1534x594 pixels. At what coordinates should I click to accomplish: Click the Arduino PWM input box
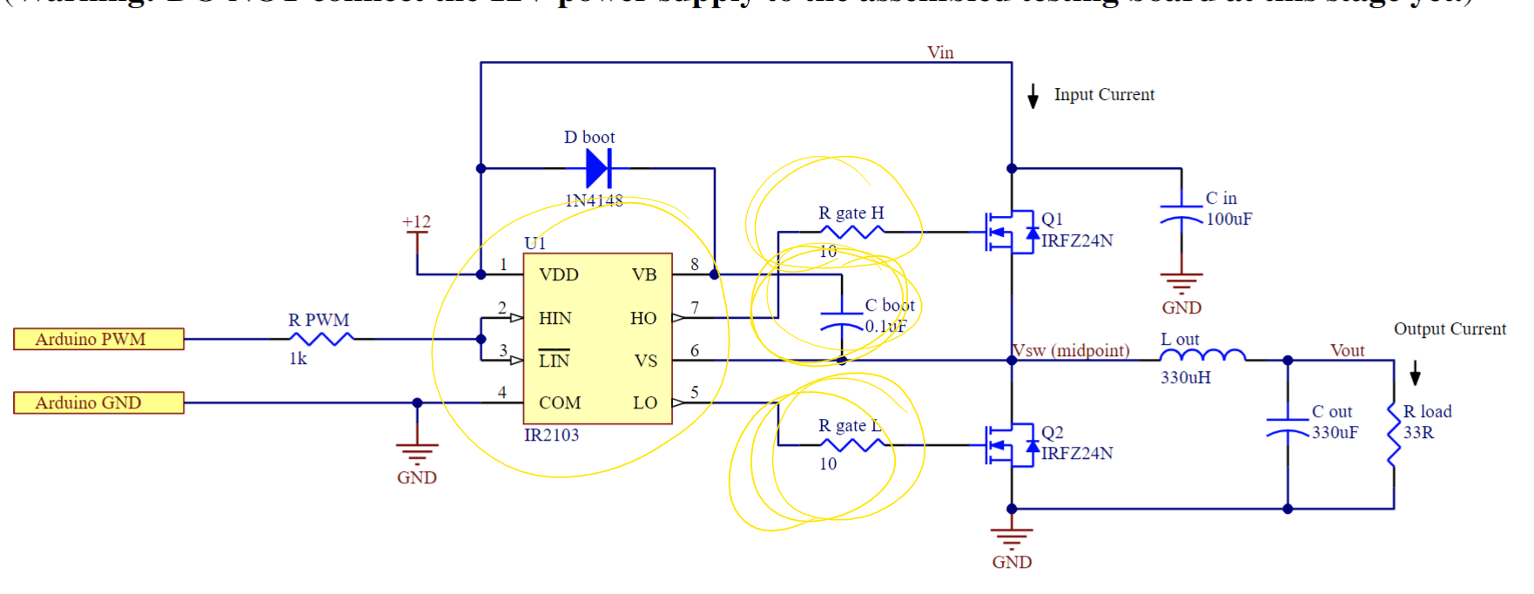coord(98,339)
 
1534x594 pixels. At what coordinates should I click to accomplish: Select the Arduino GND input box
coord(98,402)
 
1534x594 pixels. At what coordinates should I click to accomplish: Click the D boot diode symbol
coord(598,168)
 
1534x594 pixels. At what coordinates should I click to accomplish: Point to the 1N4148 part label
coord(594,200)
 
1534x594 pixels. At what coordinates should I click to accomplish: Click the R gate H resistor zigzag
coord(851,232)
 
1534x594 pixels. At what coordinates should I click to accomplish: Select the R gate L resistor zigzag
coord(851,445)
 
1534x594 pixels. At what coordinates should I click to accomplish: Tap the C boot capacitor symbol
coord(842,320)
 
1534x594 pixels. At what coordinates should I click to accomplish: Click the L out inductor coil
coord(1202,355)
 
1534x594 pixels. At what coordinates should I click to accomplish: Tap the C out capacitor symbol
coord(1288,426)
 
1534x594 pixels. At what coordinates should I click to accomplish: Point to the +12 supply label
coord(416,222)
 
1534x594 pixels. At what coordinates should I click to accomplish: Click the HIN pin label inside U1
coord(555,318)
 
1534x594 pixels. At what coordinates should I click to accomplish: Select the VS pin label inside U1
coord(645,361)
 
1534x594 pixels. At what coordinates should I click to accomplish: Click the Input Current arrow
coord(1033,96)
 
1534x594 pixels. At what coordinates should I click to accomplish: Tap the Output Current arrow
coord(1415,373)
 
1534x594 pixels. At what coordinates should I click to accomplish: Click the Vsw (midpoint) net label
coord(1071,350)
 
